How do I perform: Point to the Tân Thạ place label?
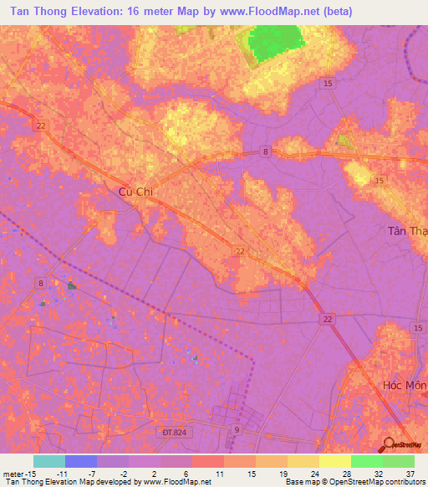406,231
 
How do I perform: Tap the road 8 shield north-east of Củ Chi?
265,151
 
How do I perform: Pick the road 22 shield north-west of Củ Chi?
41,126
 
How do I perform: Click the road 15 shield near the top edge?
328,84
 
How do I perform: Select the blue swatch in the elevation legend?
81,461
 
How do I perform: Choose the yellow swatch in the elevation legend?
335,461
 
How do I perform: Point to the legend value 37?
409,473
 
